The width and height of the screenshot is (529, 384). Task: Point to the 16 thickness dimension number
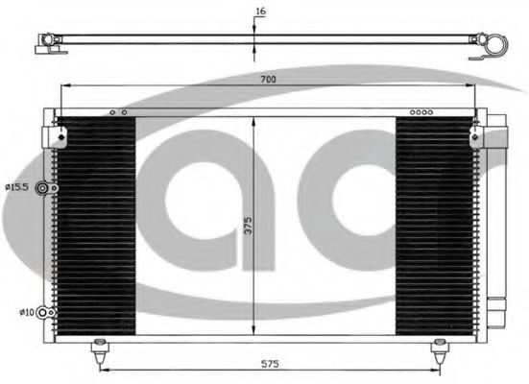(x=260, y=12)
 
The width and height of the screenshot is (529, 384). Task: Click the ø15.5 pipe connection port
(x=42, y=189)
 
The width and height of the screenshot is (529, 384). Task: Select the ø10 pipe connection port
(x=42, y=311)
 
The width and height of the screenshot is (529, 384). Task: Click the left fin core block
(x=96, y=226)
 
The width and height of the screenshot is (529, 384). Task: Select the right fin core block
(x=434, y=226)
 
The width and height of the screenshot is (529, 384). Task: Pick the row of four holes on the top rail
(x=421, y=112)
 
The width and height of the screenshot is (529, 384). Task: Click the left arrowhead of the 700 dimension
(x=64, y=87)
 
